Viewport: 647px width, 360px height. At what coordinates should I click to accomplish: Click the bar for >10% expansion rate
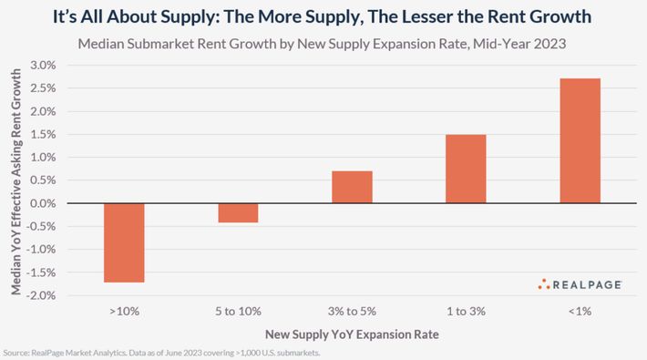tap(123, 242)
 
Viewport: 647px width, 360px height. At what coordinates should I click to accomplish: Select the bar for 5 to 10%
tap(238, 212)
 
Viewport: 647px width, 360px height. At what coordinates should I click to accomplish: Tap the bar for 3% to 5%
tap(352, 187)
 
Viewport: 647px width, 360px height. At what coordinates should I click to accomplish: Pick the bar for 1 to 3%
tap(466, 169)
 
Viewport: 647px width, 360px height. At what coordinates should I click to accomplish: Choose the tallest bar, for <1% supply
tap(580, 140)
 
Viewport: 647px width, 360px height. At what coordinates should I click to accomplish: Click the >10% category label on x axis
tap(123, 312)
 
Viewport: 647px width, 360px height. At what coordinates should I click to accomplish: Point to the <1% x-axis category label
tap(580, 312)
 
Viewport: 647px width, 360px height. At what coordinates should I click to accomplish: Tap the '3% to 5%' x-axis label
tap(352, 312)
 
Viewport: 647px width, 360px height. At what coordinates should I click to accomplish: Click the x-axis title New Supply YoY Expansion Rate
tap(352, 334)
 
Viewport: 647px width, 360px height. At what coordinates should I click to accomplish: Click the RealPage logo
tap(580, 284)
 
